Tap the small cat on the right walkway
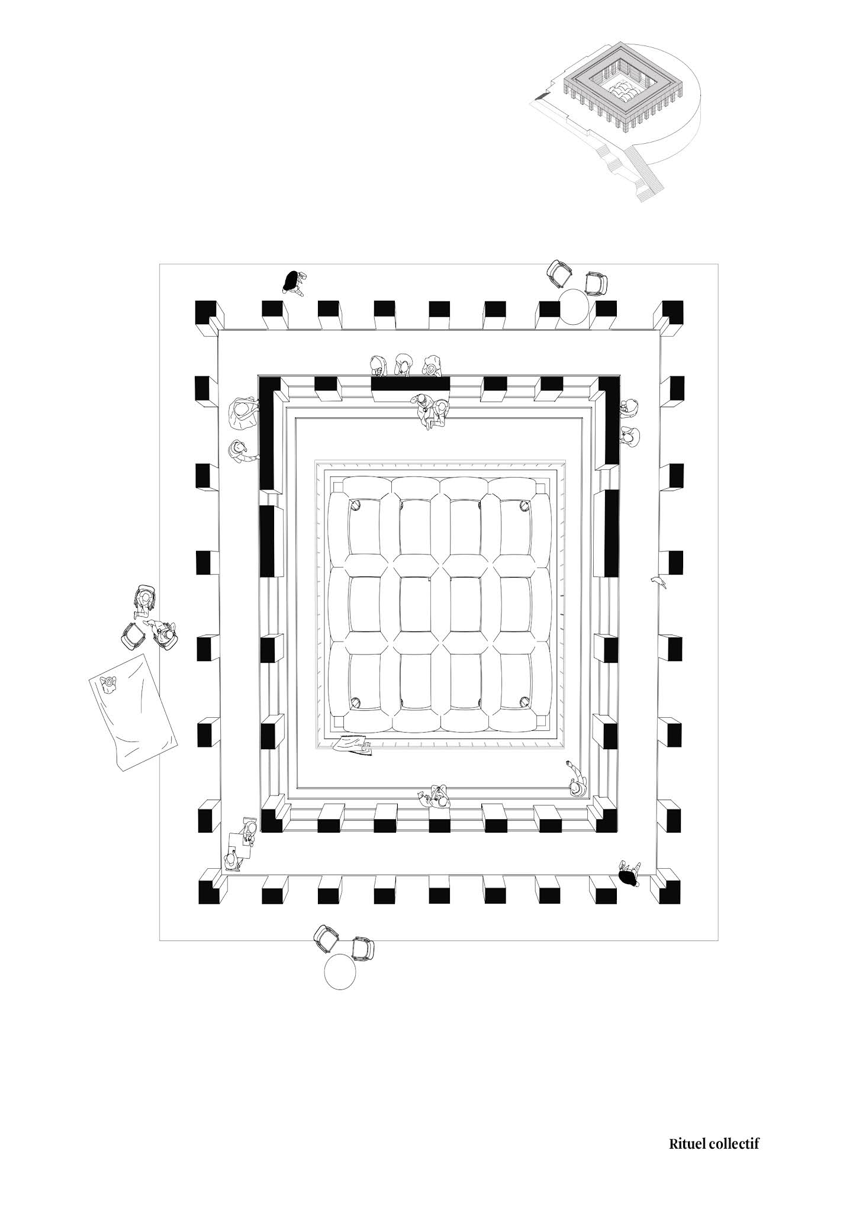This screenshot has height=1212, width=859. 658,582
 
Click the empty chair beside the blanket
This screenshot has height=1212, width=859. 133,636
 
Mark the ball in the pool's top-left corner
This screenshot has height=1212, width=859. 356,505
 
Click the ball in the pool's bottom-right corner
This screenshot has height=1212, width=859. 524,702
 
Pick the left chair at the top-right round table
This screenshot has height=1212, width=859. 559,273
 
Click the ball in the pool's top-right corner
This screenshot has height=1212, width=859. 524,505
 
